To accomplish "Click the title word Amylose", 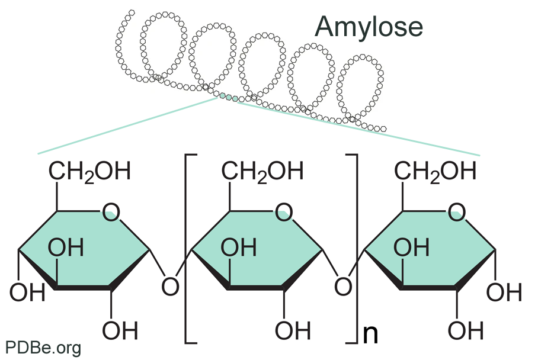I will pos(369,27).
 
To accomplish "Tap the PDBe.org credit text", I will pos(43,348).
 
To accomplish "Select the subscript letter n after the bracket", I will pos(369,334).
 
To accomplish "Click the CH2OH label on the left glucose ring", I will pos(89,172).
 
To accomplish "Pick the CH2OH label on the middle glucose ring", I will pos(262,172).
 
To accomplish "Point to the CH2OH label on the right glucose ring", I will pos(435,172).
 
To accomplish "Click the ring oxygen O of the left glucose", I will pos(110,211).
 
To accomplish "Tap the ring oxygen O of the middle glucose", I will pos(284,211).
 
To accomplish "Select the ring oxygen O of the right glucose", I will pos(457,211).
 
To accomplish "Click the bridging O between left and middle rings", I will pos(171,287).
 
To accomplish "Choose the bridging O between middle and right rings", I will pos(343,287).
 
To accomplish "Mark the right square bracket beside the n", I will pos(354,249).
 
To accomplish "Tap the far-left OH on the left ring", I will pos(27,292).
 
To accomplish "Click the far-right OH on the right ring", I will pos(505,292).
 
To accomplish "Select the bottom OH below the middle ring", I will pos(292,330).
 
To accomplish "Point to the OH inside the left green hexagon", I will pos(65,248).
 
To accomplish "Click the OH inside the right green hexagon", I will pos(412,248).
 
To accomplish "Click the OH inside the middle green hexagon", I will pos(238,248).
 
